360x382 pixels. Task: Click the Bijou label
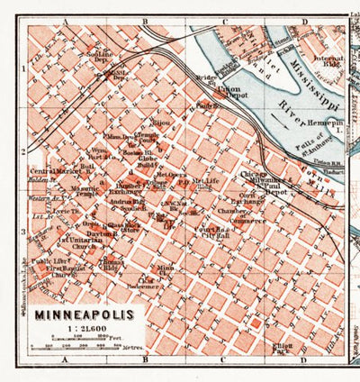point(160,118)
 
